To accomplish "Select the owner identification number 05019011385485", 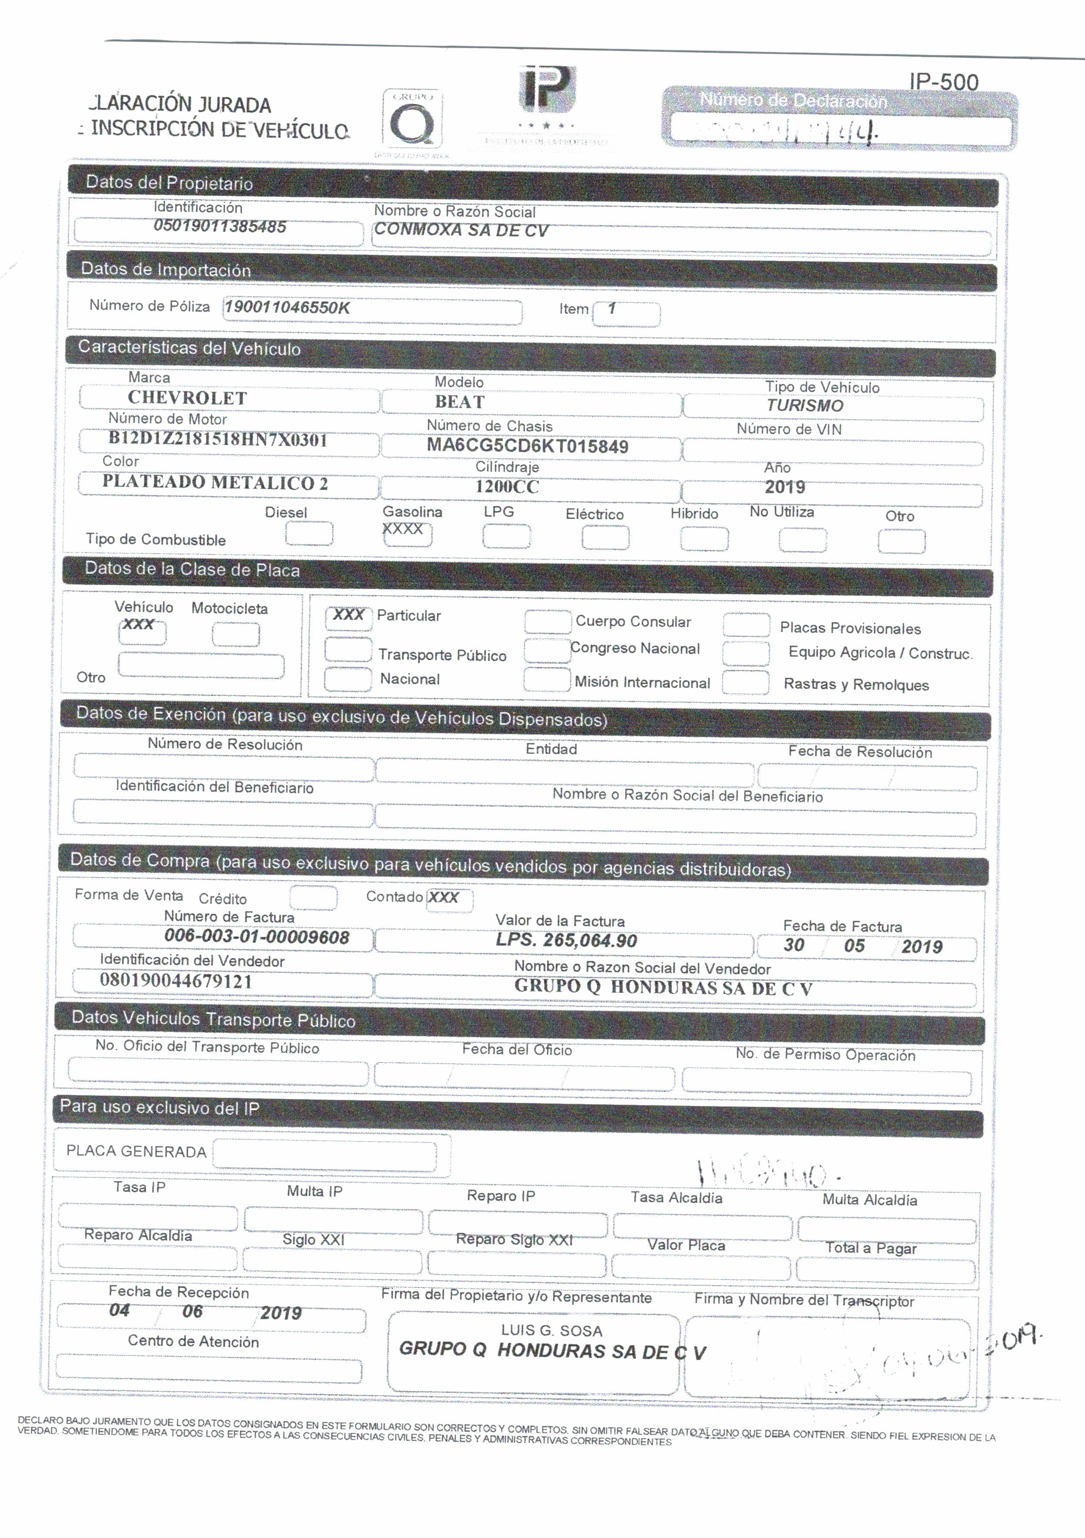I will [220, 226].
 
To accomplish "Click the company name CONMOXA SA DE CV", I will [461, 230].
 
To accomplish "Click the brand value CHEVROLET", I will [187, 398].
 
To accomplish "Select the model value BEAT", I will [459, 402].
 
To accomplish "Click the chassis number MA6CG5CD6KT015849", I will [528, 446].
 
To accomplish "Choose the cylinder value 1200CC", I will [507, 487].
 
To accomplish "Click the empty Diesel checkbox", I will [309, 534].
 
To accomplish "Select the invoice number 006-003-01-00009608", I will [256, 937].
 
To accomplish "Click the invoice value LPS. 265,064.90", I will [566, 940].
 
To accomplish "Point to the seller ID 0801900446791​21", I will [176, 981].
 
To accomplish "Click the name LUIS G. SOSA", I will [551, 1330].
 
